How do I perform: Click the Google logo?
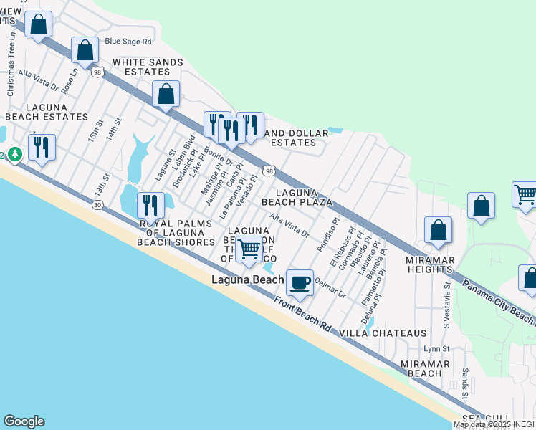[x=24, y=421]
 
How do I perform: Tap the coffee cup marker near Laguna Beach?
[x=300, y=282]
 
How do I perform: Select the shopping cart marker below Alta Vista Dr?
[x=249, y=249]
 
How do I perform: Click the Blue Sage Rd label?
[x=128, y=42]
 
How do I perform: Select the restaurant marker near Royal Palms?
[x=150, y=206]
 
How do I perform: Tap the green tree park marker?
[x=14, y=154]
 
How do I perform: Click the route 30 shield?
[x=97, y=205]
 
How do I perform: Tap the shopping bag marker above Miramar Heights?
[x=438, y=230]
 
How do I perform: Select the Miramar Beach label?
[x=425, y=368]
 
